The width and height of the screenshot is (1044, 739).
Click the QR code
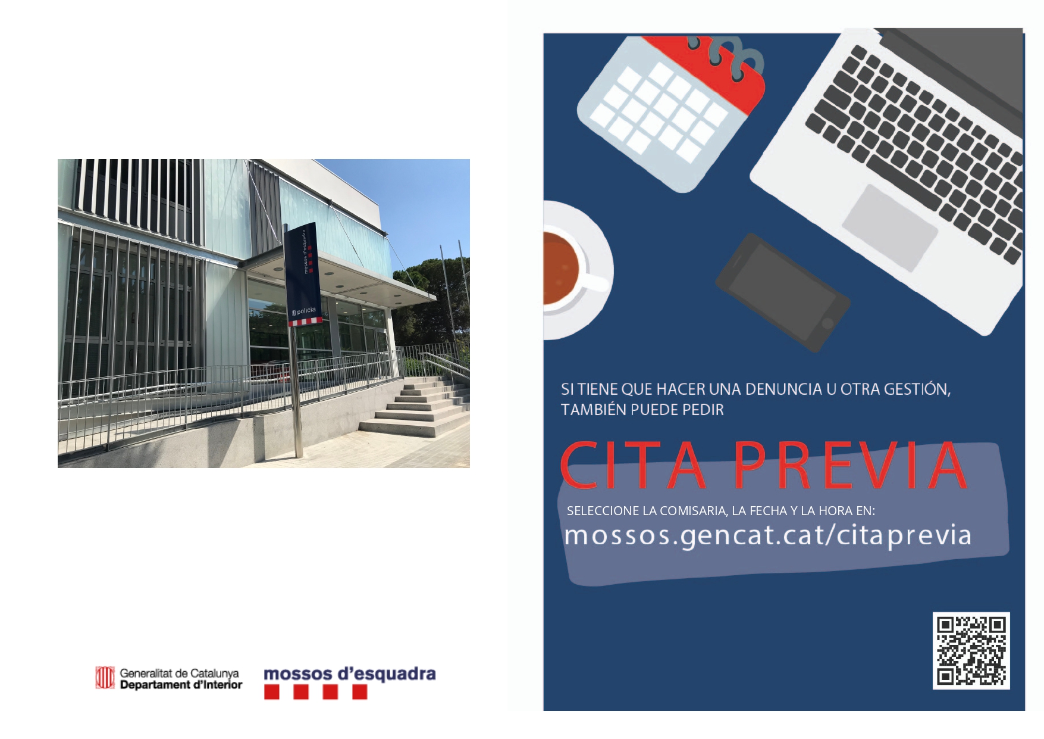tap(971, 651)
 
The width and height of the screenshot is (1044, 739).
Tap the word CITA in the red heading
tap(633, 465)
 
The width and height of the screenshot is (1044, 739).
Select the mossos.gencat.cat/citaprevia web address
tap(767, 535)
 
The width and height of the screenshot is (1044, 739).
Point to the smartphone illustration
tap(783, 292)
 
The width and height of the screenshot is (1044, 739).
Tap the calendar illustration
tap(671, 113)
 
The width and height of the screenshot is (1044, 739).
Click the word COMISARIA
tap(694, 511)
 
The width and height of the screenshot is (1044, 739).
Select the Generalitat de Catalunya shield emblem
tap(105, 678)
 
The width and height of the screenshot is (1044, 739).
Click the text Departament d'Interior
tap(181, 685)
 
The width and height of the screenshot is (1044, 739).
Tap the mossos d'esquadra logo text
tap(350, 674)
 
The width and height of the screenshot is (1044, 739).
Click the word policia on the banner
tap(306, 311)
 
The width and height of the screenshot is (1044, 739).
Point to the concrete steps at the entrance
tap(416, 408)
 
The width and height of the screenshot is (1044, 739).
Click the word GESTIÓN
tap(917, 389)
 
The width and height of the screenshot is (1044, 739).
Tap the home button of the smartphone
tap(827, 323)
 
